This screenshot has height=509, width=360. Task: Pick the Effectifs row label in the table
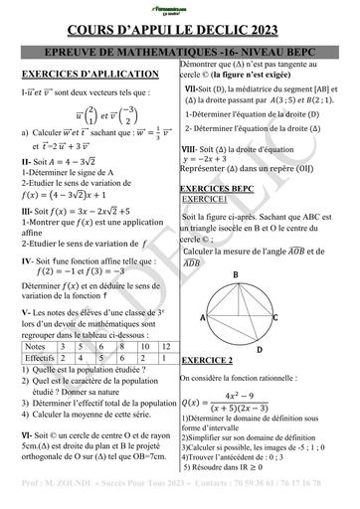click(x=40, y=356)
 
